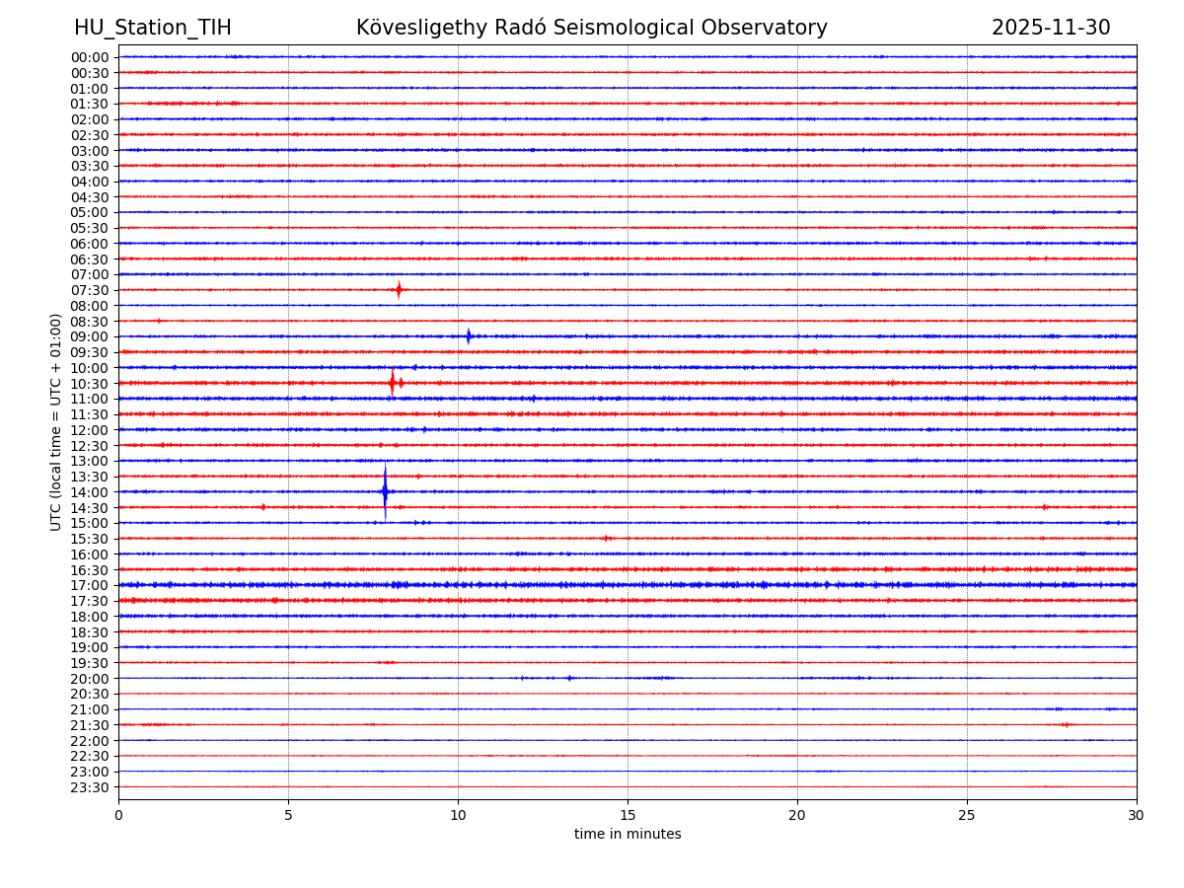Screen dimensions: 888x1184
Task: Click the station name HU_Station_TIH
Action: tap(152, 28)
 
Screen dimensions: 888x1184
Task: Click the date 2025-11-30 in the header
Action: tap(1050, 28)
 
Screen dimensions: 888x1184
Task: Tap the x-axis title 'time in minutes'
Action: tap(628, 834)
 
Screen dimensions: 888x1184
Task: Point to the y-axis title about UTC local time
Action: tap(56, 421)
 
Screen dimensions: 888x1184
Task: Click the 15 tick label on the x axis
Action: tap(628, 815)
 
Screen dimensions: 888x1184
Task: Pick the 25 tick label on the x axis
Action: tap(967, 815)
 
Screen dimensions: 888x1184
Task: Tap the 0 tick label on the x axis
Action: tap(118, 815)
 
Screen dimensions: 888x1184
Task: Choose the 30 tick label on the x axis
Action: tap(1137, 815)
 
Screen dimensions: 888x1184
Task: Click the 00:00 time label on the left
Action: tap(90, 57)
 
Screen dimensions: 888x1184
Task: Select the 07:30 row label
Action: tap(90, 290)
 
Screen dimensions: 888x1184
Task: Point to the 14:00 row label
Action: tap(90, 492)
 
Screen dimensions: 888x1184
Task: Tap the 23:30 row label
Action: tap(90, 787)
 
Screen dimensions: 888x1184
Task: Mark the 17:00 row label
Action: tap(90, 585)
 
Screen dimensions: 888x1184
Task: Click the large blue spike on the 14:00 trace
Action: tap(385, 490)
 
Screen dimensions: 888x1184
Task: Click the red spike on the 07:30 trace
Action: tap(399, 289)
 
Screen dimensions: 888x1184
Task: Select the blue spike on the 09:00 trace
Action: tap(469, 335)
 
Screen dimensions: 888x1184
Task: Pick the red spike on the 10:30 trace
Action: tap(393, 382)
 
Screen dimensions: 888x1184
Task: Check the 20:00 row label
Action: tap(90, 679)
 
